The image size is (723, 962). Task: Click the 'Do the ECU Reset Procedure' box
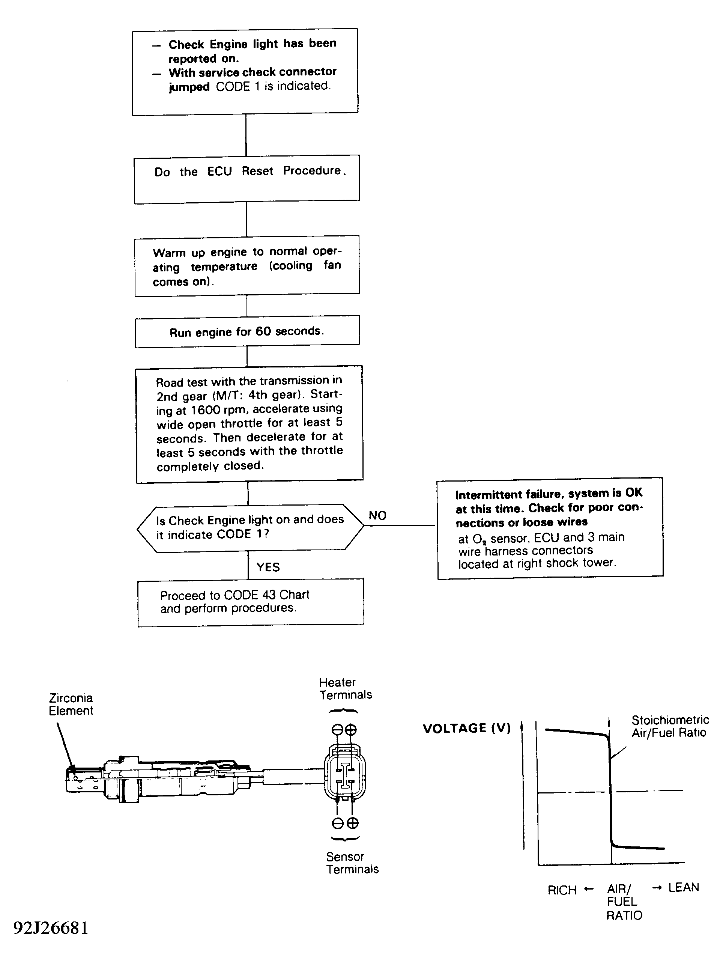point(247,179)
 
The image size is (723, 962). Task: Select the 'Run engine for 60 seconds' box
point(247,332)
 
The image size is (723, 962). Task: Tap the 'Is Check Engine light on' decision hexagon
point(250,527)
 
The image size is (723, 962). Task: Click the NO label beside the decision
point(377,515)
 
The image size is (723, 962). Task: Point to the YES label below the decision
point(268,567)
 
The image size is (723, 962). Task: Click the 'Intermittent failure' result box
point(550,528)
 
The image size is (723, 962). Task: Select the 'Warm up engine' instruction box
point(247,266)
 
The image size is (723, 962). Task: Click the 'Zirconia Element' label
point(71,704)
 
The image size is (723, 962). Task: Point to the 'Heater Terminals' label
point(345,688)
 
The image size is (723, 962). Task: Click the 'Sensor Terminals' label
point(352,863)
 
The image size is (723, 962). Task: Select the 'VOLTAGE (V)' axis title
point(466,729)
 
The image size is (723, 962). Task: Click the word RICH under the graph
point(562,890)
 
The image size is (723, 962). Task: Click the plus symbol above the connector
point(351,730)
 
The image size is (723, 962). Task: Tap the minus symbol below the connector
point(338,823)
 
